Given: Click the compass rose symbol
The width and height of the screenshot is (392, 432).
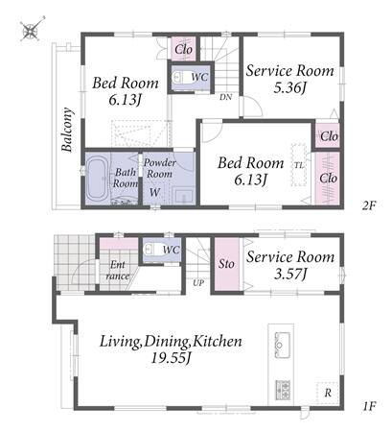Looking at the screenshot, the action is (x=32, y=30).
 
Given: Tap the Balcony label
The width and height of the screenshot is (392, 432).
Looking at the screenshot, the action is (x=67, y=130).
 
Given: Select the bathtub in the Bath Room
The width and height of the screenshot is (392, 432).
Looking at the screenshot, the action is (x=97, y=180).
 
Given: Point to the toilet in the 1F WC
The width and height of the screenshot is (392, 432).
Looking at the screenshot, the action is (x=152, y=249).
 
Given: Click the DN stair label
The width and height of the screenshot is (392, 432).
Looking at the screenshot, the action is (x=225, y=97).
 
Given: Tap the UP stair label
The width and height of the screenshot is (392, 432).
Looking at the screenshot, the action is (x=198, y=283).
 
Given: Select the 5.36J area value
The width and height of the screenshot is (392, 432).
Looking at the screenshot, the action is (x=289, y=87).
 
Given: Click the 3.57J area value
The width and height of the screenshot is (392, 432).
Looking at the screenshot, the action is (x=290, y=274).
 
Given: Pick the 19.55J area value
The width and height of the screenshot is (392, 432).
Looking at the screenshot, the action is (x=171, y=358).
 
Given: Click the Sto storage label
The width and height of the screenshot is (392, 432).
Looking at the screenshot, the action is (x=226, y=264).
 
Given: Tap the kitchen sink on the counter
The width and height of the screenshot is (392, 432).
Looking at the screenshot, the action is (x=282, y=345).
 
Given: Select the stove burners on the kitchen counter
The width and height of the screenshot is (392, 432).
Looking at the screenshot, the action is (x=283, y=390).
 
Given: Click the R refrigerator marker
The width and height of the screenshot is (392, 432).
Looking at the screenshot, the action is (x=328, y=393).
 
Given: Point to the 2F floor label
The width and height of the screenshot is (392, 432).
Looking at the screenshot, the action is (x=369, y=205).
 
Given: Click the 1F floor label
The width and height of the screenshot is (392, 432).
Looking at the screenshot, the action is (x=369, y=406).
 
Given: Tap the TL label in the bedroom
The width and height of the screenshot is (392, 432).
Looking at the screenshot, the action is (x=299, y=165).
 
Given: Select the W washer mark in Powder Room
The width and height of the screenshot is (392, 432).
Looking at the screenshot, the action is (x=154, y=192).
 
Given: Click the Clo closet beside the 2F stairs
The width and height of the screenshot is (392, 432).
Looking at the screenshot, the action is (x=184, y=49).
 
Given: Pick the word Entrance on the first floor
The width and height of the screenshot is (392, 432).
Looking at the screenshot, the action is (x=118, y=271).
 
